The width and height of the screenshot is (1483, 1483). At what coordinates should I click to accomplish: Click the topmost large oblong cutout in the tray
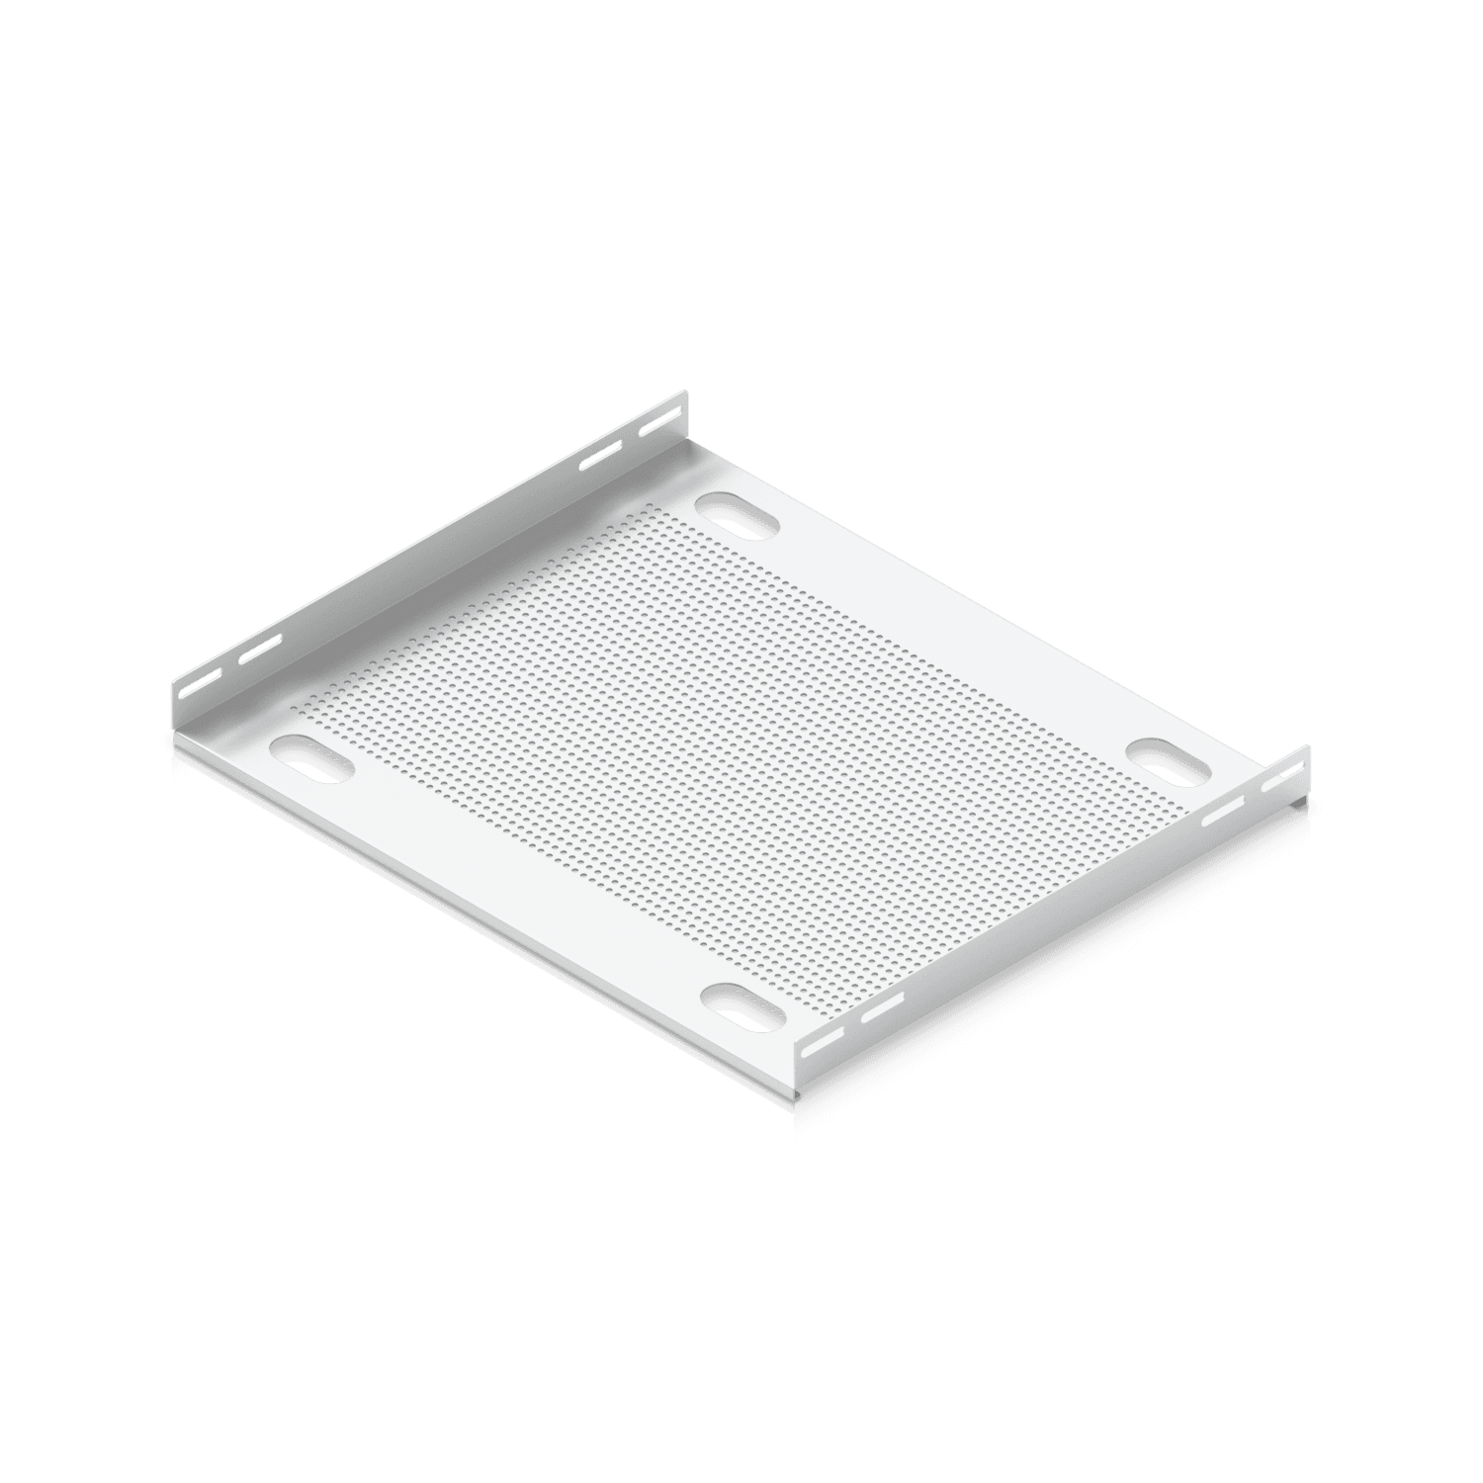737,517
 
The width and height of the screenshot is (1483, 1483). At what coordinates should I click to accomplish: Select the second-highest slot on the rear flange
598,455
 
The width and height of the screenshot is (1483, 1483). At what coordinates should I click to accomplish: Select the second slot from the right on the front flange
1223,812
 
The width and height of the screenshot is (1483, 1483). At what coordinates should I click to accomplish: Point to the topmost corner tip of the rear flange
682,393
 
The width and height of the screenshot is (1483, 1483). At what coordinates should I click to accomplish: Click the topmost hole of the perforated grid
649,505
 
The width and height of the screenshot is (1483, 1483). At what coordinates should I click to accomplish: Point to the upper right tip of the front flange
1309,746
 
